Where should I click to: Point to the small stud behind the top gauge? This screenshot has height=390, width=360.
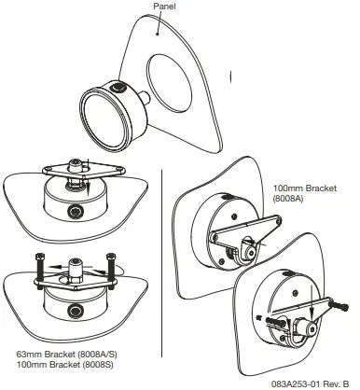150,96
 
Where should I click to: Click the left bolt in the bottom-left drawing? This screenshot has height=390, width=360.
35,266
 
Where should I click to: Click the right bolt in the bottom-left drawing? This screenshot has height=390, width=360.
110,266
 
